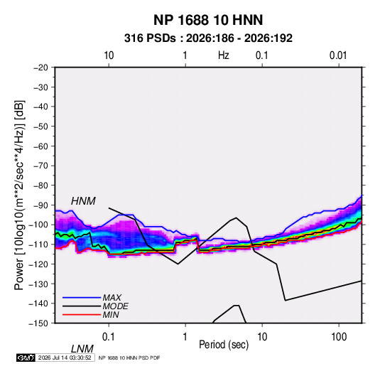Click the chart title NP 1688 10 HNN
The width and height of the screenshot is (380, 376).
tap(208, 20)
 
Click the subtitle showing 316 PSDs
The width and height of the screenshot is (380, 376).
tap(208, 38)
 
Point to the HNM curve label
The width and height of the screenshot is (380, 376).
tap(83, 201)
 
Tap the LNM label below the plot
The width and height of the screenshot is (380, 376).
tap(82, 349)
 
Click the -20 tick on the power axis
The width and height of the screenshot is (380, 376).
tap(40, 68)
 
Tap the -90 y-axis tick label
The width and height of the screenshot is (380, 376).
tap(40, 205)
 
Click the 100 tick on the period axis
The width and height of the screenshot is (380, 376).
tap(339, 337)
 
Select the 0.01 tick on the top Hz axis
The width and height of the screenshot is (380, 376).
tap(338, 55)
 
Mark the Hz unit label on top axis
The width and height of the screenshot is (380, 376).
tap(224, 55)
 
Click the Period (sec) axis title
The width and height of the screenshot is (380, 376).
tap(224, 345)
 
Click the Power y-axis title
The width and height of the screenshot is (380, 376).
tap(19, 195)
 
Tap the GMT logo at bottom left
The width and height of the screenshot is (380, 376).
tap(26, 358)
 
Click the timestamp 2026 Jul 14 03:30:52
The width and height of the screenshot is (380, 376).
tap(65, 358)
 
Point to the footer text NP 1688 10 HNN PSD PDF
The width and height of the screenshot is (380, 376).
tap(129, 358)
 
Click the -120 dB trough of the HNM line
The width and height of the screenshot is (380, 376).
tap(178, 264)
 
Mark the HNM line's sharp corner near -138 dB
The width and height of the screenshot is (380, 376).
tap(286, 301)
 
